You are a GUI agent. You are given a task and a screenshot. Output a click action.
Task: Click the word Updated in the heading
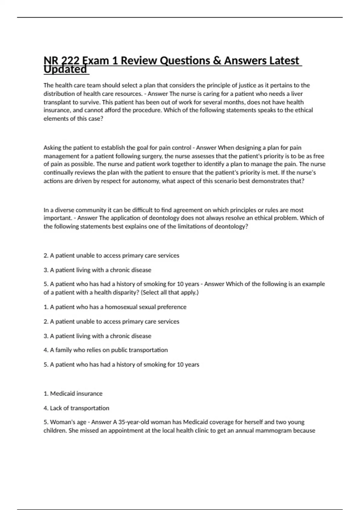(x=65, y=70)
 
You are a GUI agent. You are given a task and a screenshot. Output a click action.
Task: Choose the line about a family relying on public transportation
(x=106, y=350)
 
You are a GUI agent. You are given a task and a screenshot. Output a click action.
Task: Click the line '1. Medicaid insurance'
(x=73, y=394)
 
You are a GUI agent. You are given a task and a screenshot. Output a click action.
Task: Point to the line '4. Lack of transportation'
(x=76, y=408)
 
